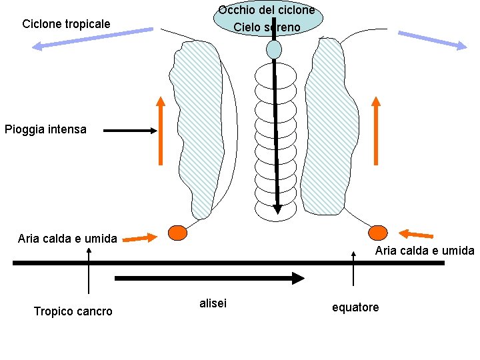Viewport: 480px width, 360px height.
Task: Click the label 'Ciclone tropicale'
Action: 66,25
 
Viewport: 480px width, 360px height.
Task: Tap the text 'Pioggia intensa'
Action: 45,129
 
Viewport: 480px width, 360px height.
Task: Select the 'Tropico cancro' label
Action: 73,311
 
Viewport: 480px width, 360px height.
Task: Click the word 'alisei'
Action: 213,303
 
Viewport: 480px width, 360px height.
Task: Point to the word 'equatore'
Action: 355,307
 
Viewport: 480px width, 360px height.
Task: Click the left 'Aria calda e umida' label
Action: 67,238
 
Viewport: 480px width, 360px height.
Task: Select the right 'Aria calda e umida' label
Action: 424,251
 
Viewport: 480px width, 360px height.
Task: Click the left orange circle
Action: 177,233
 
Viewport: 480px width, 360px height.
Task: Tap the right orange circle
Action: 378,233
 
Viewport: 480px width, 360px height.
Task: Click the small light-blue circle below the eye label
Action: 274,49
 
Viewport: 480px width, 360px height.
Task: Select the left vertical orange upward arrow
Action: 161,131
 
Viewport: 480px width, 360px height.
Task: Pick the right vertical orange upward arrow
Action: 376,131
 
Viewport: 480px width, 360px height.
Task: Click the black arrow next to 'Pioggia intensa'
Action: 130,131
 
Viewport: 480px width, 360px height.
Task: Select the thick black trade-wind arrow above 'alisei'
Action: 209,278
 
